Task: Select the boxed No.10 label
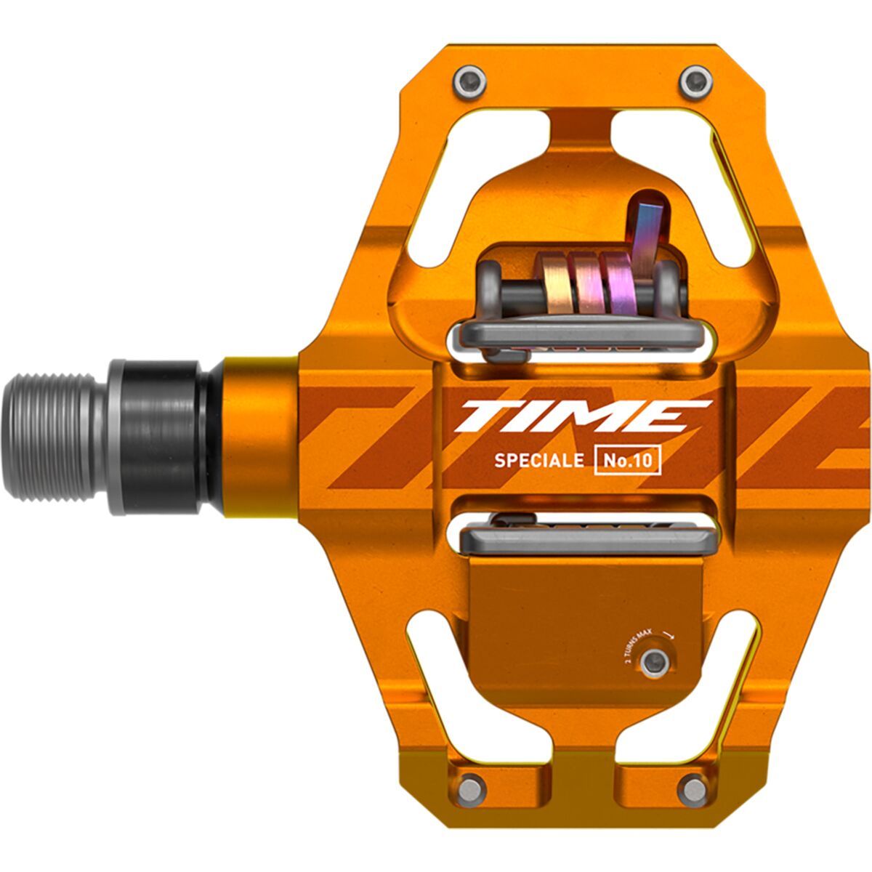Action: (x=628, y=461)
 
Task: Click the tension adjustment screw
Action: (x=655, y=660)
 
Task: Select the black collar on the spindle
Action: (x=163, y=435)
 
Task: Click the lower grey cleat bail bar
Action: (x=585, y=538)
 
